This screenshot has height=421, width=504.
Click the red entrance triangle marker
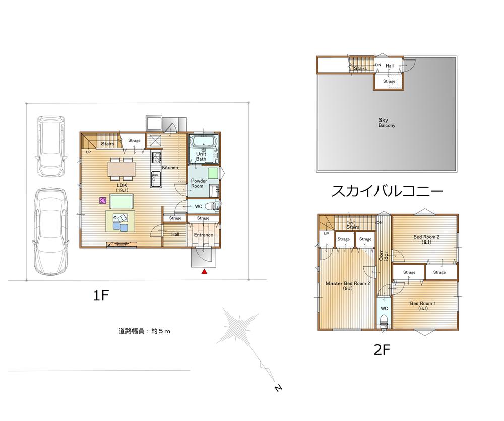(204, 272)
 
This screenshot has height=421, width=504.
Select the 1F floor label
(101, 296)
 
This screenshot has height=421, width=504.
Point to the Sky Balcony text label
(387, 123)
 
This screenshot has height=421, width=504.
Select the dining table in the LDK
(121, 169)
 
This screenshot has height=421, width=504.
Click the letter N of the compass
(278, 388)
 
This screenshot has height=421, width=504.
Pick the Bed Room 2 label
(427, 239)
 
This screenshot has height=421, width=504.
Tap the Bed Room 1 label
(423, 305)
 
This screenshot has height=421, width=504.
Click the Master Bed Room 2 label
(348, 286)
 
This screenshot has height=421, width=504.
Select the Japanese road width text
(145, 331)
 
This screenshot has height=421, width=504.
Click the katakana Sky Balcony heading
(387, 191)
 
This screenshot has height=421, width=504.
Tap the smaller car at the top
(51, 145)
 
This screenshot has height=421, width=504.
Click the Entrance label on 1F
(204, 235)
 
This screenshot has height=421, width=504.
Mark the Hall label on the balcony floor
(390, 66)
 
